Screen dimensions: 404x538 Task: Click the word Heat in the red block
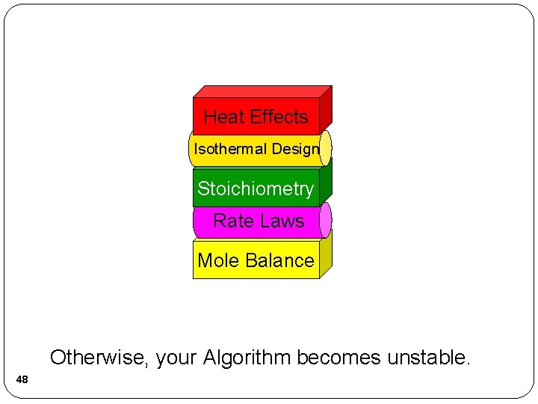(x=223, y=117)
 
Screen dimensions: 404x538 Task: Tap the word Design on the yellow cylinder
(x=295, y=149)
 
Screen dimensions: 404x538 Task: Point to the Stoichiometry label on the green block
(x=256, y=189)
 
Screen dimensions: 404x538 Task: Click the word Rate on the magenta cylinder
(x=230, y=221)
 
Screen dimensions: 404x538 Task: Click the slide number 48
(x=22, y=380)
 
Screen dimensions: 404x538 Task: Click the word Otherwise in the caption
(x=99, y=358)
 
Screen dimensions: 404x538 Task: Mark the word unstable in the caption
(x=428, y=358)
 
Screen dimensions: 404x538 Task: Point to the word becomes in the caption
(x=339, y=358)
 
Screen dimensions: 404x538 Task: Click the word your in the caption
(x=176, y=358)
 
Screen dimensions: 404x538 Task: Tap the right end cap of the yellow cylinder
(x=325, y=147)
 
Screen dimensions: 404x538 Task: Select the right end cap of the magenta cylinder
(x=325, y=219)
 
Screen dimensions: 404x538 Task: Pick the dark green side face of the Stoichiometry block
(x=326, y=183)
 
